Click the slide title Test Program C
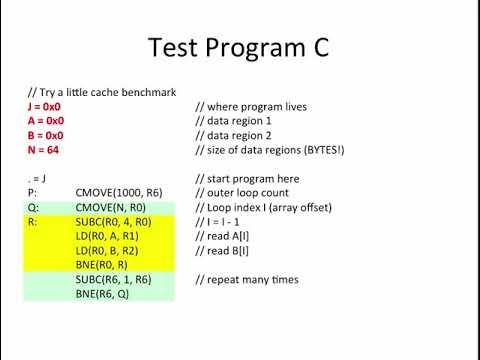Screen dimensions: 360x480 [240, 48]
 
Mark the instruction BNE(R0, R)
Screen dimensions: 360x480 [103, 266]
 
